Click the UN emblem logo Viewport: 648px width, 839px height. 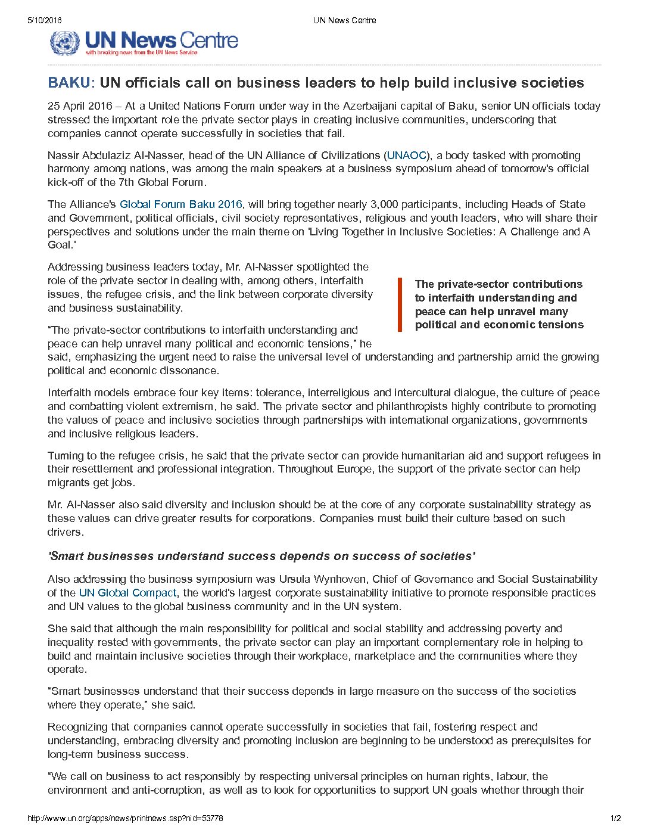64,42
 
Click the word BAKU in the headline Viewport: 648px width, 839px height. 69,82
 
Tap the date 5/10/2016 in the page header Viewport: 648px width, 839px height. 44,20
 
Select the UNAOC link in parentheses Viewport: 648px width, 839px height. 407,156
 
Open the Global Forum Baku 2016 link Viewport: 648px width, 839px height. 181,204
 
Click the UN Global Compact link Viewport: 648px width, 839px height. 127,593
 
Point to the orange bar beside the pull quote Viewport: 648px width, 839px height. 400,304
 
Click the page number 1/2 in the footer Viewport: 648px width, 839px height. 615,818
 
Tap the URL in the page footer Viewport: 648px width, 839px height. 125,818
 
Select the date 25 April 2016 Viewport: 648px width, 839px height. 80,106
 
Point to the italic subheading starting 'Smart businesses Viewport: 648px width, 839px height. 261,556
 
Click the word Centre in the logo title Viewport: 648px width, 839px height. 208,41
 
